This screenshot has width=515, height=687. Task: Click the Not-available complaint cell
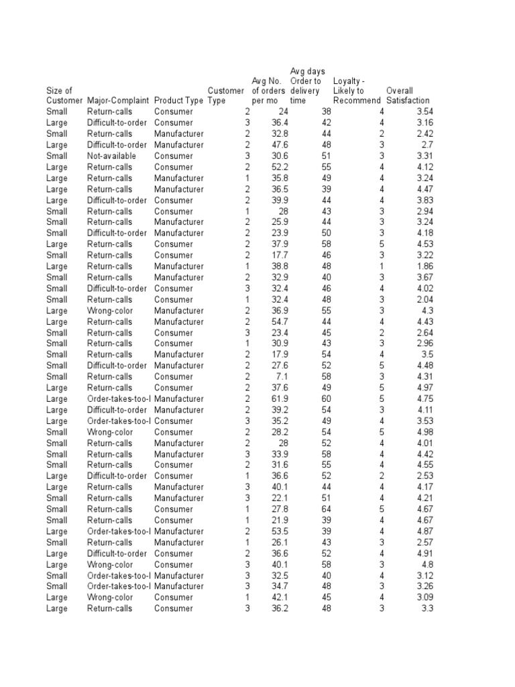coord(111,156)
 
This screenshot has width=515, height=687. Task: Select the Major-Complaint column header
coord(119,101)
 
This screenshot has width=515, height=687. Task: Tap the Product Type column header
coord(178,101)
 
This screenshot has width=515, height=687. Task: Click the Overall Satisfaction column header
coord(408,95)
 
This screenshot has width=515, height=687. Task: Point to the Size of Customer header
coord(64,95)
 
